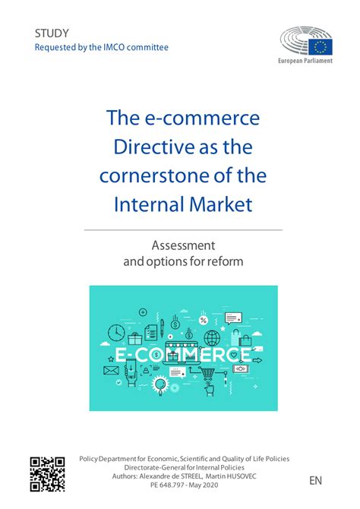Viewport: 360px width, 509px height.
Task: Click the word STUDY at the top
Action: pyautogui.click(x=52, y=33)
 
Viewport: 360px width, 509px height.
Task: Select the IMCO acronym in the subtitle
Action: pyautogui.click(x=118, y=47)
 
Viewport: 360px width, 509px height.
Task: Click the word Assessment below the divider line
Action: pyautogui.click(x=182, y=245)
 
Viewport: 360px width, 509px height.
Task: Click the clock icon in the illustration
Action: pyautogui.click(x=116, y=333)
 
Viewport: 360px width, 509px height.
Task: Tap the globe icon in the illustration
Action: pyautogui.click(x=211, y=337)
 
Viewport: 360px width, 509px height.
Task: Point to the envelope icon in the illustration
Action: pyautogui.click(x=111, y=371)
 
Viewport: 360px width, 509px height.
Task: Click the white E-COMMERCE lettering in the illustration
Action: pyautogui.click(x=184, y=355)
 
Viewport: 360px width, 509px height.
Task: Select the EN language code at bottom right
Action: pyautogui.click(x=316, y=481)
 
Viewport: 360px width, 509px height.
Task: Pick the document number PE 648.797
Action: pyautogui.click(x=166, y=485)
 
